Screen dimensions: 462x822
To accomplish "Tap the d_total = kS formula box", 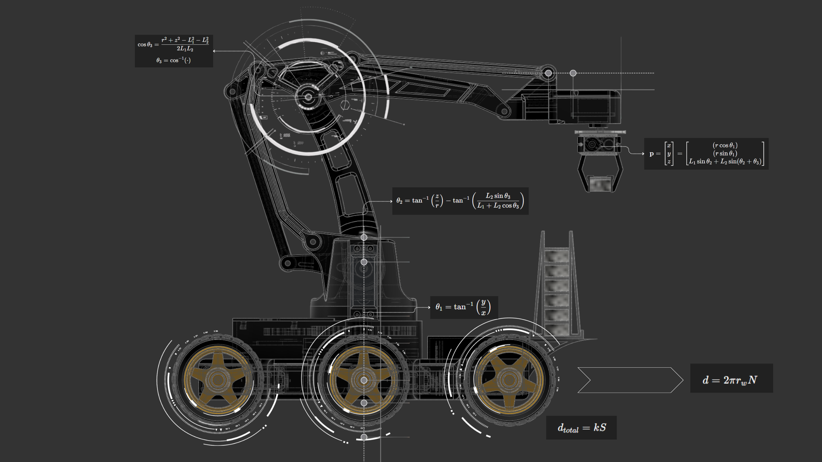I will pos(581,428).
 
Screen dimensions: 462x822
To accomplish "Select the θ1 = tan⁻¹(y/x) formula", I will pos(464,307).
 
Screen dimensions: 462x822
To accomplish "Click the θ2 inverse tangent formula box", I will pos(460,201).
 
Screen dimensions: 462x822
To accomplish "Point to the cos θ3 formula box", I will pos(174,51).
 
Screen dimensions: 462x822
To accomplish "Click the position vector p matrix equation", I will pos(706,154).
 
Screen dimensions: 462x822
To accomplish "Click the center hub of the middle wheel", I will pos(364,380).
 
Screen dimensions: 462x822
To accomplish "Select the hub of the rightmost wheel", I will pos(508,380).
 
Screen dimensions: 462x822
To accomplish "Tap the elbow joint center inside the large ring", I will pos(308,97).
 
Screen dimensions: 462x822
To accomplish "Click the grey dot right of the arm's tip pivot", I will pos(573,73).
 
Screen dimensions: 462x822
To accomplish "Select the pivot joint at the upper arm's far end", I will pos(548,73).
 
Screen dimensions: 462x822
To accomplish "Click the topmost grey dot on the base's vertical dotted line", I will pos(364,237).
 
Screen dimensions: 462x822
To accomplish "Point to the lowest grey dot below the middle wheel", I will pos(364,437).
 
